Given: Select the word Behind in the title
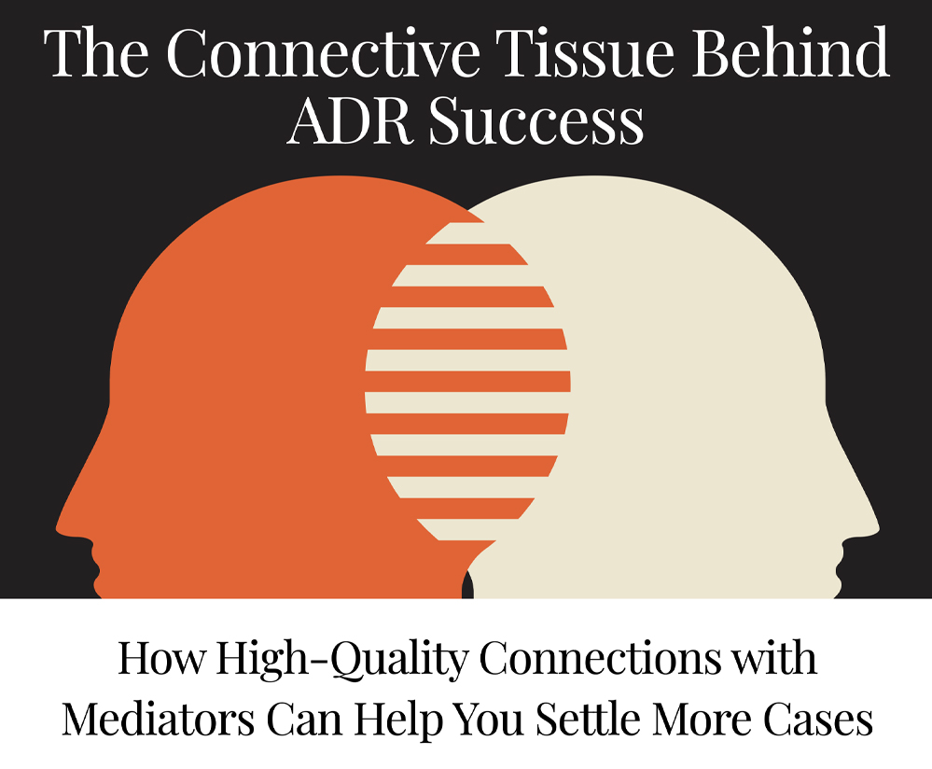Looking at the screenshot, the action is [x=791, y=51].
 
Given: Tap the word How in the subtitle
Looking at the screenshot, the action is [x=160, y=658].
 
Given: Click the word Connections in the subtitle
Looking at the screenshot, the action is [x=600, y=658].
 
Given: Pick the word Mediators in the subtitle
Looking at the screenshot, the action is [x=158, y=719].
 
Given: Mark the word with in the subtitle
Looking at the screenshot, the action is [x=774, y=658].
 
